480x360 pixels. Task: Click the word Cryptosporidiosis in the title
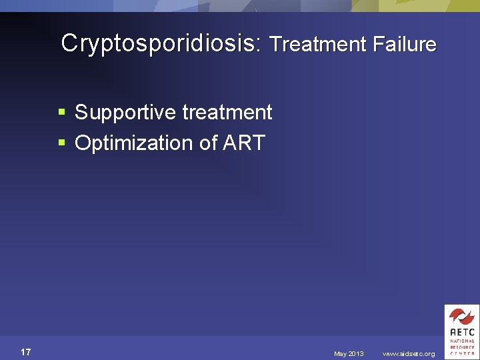[160, 43]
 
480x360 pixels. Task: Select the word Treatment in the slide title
[318, 45]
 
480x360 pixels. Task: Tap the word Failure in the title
[405, 45]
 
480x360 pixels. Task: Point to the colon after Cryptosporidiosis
[262, 45]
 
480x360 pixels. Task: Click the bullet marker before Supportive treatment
[62, 113]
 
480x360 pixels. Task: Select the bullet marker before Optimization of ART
[62, 143]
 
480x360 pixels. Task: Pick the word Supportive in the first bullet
[118, 113]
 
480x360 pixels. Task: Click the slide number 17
[26, 352]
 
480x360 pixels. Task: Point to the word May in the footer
[341, 354]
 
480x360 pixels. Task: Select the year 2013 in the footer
[356, 354]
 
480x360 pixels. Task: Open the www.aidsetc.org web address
[408, 354]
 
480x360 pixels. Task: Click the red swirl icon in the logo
[461, 316]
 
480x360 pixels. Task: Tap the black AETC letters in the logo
[461, 331]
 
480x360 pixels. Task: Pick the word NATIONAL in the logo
[461, 341]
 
